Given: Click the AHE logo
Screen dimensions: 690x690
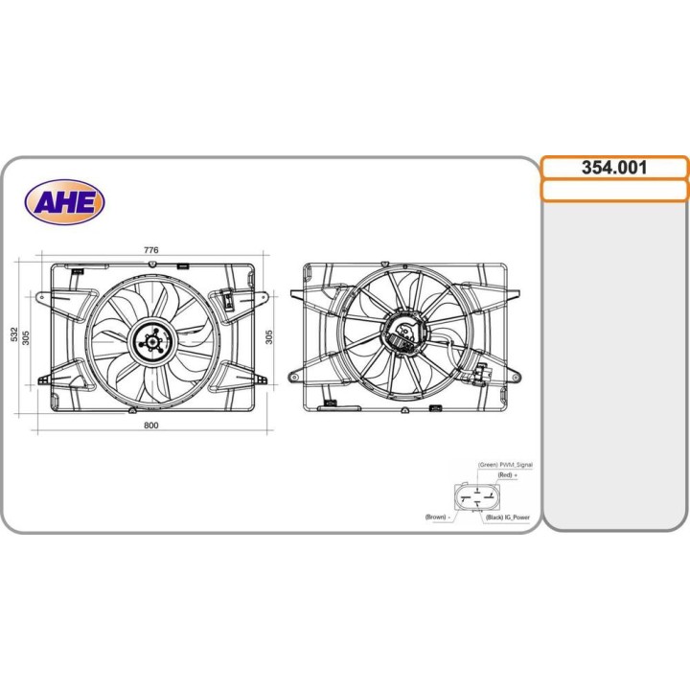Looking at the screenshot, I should [x=65, y=201].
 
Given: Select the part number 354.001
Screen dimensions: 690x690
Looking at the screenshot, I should [x=614, y=167].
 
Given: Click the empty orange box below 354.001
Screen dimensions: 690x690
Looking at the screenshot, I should [x=614, y=190].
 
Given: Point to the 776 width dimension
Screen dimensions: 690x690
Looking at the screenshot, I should [x=150, y=250].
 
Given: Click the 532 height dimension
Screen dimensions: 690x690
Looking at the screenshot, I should [x=14, y=333].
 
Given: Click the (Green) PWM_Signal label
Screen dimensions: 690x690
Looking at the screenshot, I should [x=505, y=465].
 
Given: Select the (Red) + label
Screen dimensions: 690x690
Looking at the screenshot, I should [x=507, y=475].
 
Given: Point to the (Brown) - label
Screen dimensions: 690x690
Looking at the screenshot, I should [x=438, y=517].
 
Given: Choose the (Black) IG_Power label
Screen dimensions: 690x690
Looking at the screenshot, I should [x=508, y=517].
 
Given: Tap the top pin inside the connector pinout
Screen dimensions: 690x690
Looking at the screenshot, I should [x=477, y=489].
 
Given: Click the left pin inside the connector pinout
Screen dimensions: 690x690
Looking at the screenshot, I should [x=465, y=498].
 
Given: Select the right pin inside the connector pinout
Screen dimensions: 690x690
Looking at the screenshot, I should [x=489, y=498].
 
